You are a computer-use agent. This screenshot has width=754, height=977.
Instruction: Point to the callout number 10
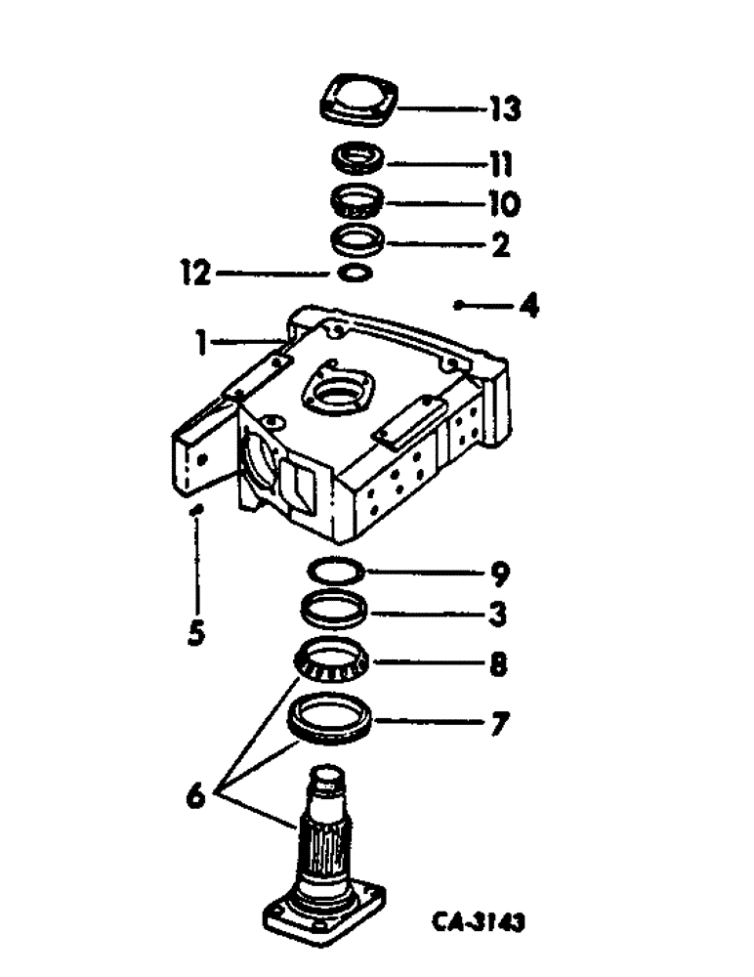[x=504, y=204]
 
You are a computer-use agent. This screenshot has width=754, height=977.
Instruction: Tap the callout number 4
[x=528, y=308]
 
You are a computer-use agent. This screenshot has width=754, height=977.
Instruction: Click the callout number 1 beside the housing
[x=199, y=342]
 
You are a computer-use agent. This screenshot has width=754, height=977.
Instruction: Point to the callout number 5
[x=196, y=633]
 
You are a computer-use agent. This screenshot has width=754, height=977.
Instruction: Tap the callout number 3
[x=499, y=616]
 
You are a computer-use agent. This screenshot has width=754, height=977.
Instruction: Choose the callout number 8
[x=499, y=666]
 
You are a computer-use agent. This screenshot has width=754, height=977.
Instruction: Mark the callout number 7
[x=499, y=725]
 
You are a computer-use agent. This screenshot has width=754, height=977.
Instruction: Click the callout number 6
[x=195, y=794]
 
